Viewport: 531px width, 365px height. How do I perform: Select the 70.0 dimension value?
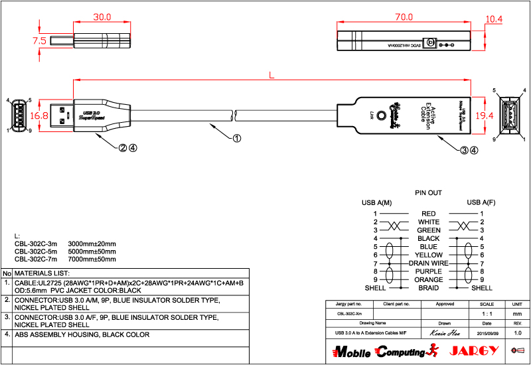click(404, 17)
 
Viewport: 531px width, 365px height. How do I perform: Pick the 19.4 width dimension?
click(485, 115)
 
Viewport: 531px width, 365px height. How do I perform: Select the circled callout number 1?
click(237, 139)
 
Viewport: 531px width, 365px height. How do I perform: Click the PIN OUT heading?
click(428, 193)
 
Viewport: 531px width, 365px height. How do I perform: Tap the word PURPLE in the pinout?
click(428, 271)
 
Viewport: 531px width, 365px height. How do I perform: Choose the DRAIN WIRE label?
click(428, 263)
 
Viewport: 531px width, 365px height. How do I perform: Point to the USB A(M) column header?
click(376, 202)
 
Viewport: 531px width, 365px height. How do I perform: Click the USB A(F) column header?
click(481, 202)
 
